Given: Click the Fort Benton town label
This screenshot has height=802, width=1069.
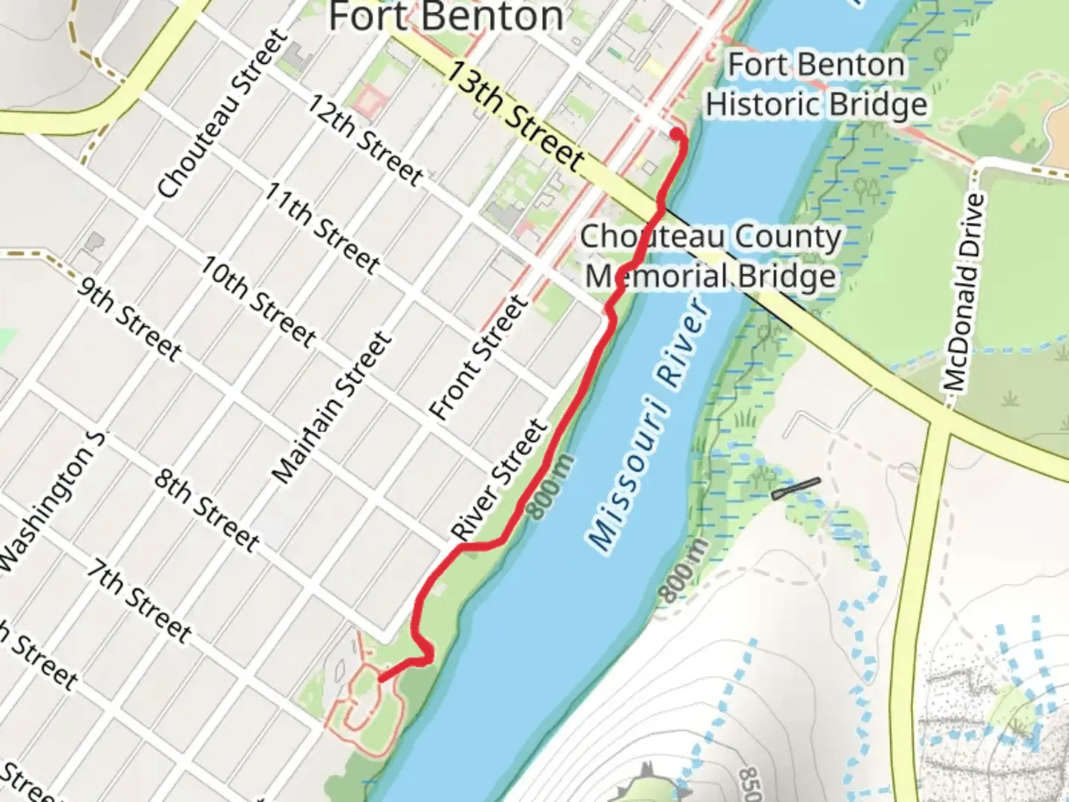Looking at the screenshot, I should (x=445, y=16).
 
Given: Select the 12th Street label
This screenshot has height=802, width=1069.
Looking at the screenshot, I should (x=365, y=140).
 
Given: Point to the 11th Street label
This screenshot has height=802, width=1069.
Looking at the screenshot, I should (x=322, y=226).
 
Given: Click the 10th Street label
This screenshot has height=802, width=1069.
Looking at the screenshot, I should (x=258, y=301).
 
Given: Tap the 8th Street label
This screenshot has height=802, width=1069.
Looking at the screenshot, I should (x=206, y=510).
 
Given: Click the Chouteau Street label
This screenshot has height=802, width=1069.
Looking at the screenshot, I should (x=222, y=114).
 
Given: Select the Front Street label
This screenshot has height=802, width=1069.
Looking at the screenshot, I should (x=479, y=357).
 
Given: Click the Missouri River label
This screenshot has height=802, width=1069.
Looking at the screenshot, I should (x=648, y=424).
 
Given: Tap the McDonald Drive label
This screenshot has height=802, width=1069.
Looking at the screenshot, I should (x=965, y=293).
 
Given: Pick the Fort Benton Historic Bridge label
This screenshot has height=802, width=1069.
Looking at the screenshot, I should (x=817, y=85).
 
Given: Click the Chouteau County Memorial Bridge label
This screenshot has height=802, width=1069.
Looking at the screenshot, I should (x=711, y=256).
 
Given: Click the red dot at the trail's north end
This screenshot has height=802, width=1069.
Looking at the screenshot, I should (x=676, y=134).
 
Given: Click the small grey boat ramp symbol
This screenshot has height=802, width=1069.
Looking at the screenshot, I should (x=796, y=488).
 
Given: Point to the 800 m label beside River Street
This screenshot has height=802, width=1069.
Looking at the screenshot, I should (x=552, y=487).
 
